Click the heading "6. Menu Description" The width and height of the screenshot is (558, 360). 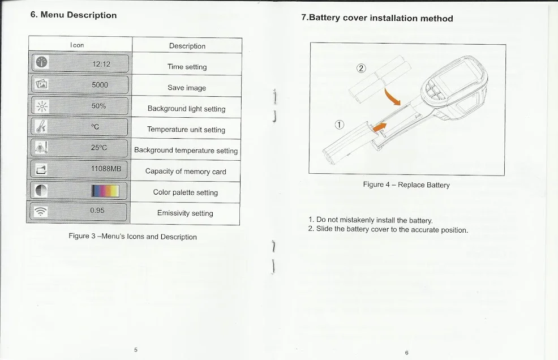(x=74, y=15)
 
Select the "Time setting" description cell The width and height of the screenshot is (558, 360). (x=187, y=67)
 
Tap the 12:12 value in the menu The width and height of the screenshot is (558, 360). (x=101, y=64)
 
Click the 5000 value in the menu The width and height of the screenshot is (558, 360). (x=100, y=85)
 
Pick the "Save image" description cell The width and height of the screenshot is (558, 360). (x=187, y=88)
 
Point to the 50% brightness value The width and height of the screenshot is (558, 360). (x=98, y=106)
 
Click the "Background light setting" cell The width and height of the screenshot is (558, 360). (x=186, y=109)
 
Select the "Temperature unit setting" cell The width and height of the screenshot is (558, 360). (x=186, y=130)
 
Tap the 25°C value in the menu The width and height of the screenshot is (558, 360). (x=99, y=148)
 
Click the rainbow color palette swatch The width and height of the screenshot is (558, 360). (x=106, y=190)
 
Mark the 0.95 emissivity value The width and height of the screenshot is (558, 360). (x=97, y=211)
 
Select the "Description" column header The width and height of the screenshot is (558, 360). (x=187, y=46)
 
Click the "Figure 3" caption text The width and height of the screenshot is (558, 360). (x=132, y=237)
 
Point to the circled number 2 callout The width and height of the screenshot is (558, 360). (x=361, y=68)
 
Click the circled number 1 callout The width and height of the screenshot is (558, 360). (x=339, y=125)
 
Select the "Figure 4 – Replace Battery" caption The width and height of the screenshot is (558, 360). (x=406, y=185)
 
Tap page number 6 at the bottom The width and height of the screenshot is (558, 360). (x=406, y=352)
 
